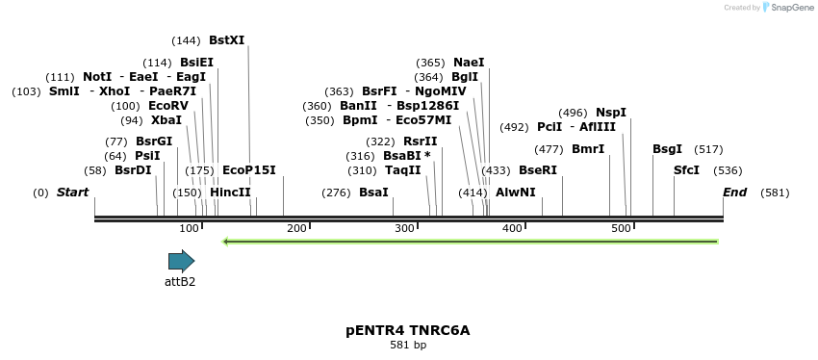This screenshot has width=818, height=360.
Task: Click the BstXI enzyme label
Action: pyautogui.click(x=226, y=40)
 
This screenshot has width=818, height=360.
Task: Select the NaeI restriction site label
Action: pyautogui.click(x=469, y=63)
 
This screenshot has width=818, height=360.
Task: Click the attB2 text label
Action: pyautogui.click(x=180, y=282)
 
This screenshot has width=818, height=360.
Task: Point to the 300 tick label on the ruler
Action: pyautogui.click(x=404, y=228)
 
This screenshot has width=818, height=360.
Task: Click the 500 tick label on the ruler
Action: pyautogui.click(x=620, y=228)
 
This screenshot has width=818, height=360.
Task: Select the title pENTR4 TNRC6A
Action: pyautogui.click(x=408, y=330)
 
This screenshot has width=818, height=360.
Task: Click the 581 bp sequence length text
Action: pyautogui.click(x=408, y=345)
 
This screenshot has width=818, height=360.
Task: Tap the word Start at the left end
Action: pyautogui.click(x=72, y=193)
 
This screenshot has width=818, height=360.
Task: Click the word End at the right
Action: pyautogui.click(x=734, y=193)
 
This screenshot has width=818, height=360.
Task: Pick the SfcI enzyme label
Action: pyautogui.click(x=686, y=169)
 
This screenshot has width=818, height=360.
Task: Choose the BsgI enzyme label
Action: pyautogui.click(x=667, y=149)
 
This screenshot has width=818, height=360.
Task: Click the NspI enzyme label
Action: pyautogui.click(x=611, y=113)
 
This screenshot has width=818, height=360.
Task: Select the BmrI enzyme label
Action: pyautogui.click(x=588, y=149)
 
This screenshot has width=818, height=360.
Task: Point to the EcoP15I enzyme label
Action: pyautogui.click(x=248, y=170)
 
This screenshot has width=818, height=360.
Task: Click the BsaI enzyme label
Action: pyautogui.click(x=373, y=193)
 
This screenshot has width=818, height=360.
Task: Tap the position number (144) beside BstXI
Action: pyautogui.click(x=186, y=40)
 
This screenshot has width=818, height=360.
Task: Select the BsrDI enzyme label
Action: pyautogui.click(x=133, y=170)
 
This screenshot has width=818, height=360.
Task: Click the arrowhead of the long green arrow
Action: pyautogui.click(x=226, y=242)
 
